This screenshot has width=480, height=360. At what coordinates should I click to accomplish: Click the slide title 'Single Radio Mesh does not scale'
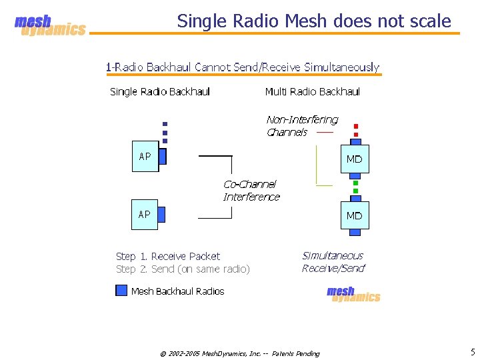point(314,21)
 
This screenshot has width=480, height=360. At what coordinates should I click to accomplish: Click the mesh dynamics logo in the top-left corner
point(50,26)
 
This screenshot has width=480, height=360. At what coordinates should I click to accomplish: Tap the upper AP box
point(145,157)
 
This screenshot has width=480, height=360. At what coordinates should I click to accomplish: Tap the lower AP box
point(145,215)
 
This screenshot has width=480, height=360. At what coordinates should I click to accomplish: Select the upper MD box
point(354,159)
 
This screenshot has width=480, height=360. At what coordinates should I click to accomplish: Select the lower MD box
point(354,215)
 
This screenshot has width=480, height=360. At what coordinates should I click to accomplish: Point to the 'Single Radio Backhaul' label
point(160,92)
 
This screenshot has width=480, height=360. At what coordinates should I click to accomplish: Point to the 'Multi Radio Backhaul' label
point(312,92)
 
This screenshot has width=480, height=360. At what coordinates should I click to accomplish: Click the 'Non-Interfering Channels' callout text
point(301,126)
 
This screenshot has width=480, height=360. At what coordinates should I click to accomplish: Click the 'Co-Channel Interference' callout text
point(251,191)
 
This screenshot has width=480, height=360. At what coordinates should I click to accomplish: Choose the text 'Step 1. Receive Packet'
point(168,257)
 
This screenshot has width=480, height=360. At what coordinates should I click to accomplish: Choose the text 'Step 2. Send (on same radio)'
point(183,269)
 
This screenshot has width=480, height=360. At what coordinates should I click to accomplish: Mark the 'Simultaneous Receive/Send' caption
point(333,262)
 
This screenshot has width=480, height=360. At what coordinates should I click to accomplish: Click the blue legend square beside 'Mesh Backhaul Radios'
point(121,291)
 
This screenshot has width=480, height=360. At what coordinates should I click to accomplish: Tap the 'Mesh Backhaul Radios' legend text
point(178,291)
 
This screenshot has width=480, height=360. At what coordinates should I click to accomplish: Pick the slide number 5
point(473,352)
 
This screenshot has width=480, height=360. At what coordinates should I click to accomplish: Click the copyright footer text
point(240,353)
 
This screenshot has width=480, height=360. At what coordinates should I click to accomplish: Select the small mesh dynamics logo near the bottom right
point(353,294)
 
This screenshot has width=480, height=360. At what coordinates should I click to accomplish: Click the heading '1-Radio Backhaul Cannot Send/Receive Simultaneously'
point(243,67)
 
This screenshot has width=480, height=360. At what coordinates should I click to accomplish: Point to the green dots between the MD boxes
point(355,187)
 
